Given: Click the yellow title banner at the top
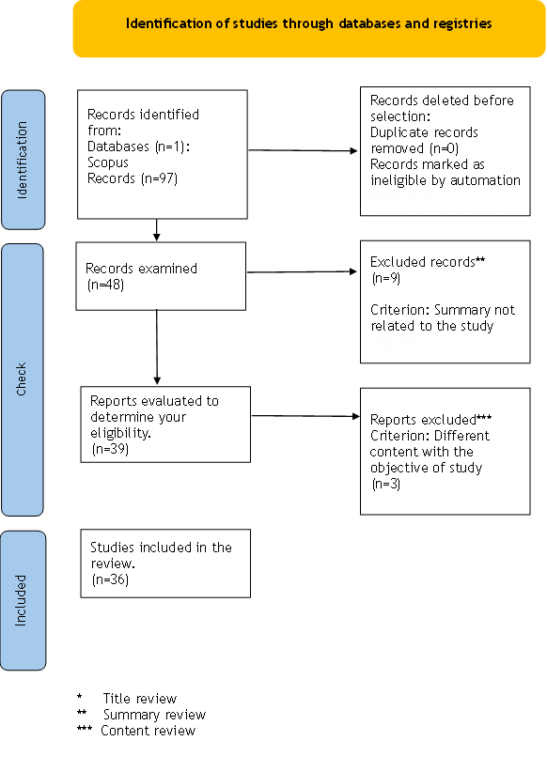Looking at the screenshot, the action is (309, 28).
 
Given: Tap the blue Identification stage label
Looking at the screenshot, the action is (23, 160).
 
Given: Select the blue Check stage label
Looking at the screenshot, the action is (23, 379).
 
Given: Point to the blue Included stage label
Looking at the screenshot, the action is (23, 600).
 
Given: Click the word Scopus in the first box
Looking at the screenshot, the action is (107, 163).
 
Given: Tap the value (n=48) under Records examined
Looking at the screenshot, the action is (105, 285).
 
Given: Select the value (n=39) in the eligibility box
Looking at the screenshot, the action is (110, 449).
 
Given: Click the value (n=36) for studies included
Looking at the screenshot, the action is (110, 579).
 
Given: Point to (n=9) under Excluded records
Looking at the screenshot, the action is (386, 278).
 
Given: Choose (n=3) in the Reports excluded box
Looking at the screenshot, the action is (386, 484).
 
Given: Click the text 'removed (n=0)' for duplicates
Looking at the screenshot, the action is (414, 148).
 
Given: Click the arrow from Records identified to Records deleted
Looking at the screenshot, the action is (303, 150).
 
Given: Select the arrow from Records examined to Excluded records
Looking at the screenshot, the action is (302, 271).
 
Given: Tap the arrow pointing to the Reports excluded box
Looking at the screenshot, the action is (305, 416).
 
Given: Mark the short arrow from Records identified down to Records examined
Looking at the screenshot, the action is (156, 230).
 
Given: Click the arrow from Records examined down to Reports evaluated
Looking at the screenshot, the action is (157, 347).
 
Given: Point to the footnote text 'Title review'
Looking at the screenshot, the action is (139, 698).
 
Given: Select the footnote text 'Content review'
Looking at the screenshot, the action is (148, 730).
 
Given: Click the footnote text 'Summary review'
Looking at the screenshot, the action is (154, 715).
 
